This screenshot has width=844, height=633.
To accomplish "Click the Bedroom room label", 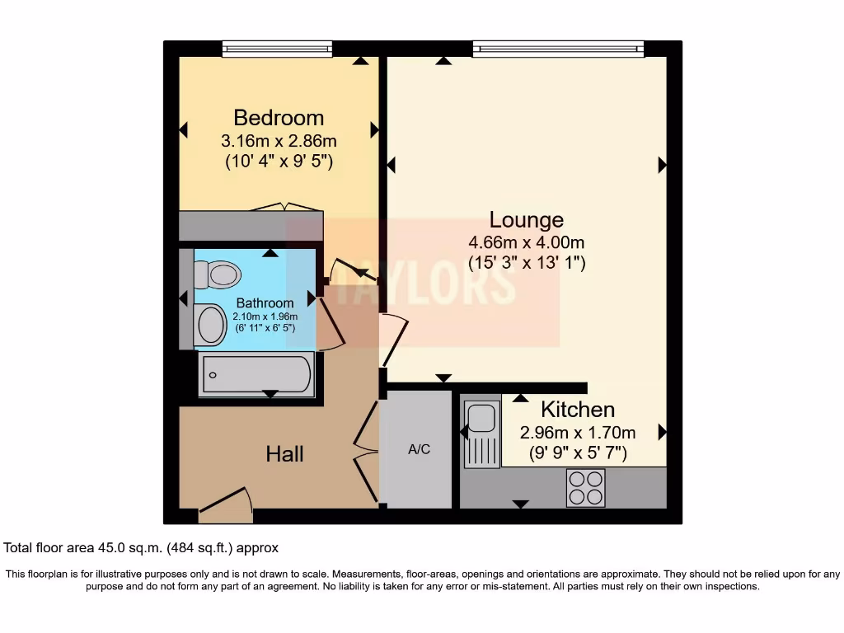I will tap(279, 117).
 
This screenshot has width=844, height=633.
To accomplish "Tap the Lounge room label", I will tap(527, 220).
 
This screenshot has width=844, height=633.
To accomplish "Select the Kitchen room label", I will tap(577, 410).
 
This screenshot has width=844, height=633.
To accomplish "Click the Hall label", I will tap(284, 454).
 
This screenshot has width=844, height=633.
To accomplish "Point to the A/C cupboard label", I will tap(419, 450).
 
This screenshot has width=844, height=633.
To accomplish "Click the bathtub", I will tap(256, 375).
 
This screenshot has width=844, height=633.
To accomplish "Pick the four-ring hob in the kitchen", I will tap(585, 486).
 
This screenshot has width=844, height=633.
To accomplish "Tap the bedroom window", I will tap(277, 49).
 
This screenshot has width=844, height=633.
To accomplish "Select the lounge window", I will tap(558, 49).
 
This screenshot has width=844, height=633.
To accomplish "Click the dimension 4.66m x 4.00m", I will tap(527, 242).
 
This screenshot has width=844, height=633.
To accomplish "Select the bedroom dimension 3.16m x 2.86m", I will tap(279, 140).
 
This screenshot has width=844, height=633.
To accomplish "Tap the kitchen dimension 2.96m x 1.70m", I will tap(577, 432).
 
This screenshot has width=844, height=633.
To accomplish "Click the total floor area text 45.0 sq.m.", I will tap(142, 547).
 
